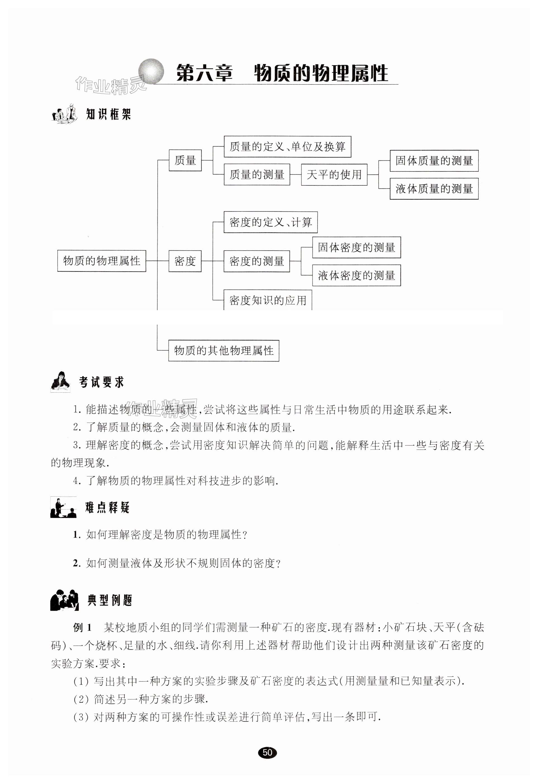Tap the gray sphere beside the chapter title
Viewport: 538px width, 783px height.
pyautogui.click(x=151, y=71)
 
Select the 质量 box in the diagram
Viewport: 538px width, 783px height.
pyautogui.click(x=185, y=160)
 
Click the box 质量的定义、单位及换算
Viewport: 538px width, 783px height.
pyautogui.click(x=287, y=147)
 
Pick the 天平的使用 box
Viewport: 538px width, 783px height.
pyautogui.click(x=334, y=175)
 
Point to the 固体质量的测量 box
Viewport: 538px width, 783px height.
pyautogui.click(x=434, y=161)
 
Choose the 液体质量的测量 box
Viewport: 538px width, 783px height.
pyautogui.click(x=434, y=189)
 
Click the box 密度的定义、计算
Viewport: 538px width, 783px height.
pyautogui.click(x=270, y=222)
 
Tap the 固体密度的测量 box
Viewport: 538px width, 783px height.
pyautogui.click(x=356, y=247)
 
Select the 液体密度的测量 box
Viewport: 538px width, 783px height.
pyautogui.click(x=356, y=275)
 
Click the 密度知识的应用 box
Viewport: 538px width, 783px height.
pyautogui.click(x=268, y=300)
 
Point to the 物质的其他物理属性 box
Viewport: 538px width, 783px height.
pyautogui.click(x=224, y=351)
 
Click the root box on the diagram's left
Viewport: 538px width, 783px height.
pyautogui.click(x=101, y=261)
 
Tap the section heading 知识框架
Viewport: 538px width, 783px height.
pyautogui.click(x=108, y=114)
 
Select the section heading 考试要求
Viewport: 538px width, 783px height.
pyautogui.click(x=101, y=382)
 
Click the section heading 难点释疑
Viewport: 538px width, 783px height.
pyautogui.click(x=107, y=507)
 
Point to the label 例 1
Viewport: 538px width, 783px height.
pyautogui.click(x=82, y=628)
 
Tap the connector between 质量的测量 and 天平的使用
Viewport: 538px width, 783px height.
pyautogui.click(x=295, y=175)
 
